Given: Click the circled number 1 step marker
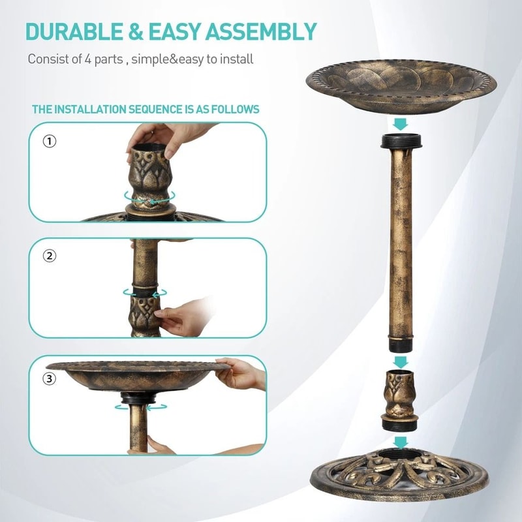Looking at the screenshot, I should tap(50, 142).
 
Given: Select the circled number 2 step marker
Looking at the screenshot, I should tap(50, 256).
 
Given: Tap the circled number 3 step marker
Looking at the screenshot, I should tap(50, 378).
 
